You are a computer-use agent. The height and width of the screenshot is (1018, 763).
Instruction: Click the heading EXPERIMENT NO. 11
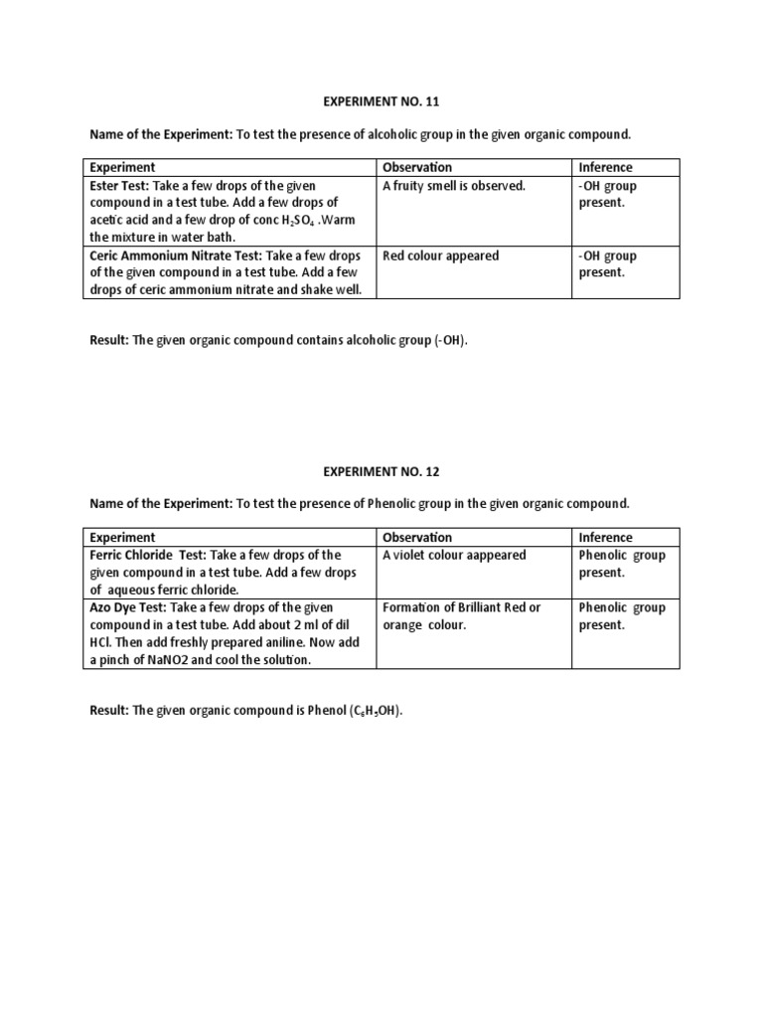[381, 100]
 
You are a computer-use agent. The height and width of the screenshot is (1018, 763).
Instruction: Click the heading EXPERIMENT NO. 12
[381, 470]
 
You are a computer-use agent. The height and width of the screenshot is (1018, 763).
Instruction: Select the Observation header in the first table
[417, 167]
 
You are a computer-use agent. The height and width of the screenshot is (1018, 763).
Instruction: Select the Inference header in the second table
[605, 537]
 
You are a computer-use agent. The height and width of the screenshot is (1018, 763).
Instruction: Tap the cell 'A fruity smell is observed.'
[454, 186]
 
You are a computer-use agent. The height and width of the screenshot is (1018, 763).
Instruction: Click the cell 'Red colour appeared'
[441, 255]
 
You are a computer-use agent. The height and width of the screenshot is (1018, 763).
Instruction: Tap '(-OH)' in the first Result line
[449, 340]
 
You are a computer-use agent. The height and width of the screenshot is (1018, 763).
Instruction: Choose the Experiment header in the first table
[122, 167]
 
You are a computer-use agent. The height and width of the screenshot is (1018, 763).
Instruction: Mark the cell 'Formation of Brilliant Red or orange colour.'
[462, 616]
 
